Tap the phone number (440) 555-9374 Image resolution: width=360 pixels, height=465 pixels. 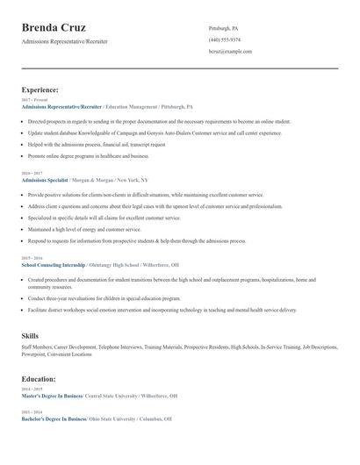click(x=225, y=39)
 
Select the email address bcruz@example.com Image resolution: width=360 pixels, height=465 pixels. click(x=230, y=51)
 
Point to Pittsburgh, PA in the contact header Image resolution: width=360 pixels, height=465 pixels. click(x=223, y=28)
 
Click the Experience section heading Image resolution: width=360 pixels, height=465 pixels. click(x=40, y=89)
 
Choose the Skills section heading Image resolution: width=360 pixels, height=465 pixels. click(x=30, y=336)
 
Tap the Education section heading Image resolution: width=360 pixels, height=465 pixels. click(x=39, y=379)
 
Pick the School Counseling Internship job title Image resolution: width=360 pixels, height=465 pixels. click(x=54, y=262)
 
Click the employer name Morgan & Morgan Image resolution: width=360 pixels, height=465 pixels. click(x=93, y=179)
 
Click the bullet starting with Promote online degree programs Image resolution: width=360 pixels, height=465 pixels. click(x=88, y=155)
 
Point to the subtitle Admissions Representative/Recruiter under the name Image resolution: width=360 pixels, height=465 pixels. click(x=65, y=41)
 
